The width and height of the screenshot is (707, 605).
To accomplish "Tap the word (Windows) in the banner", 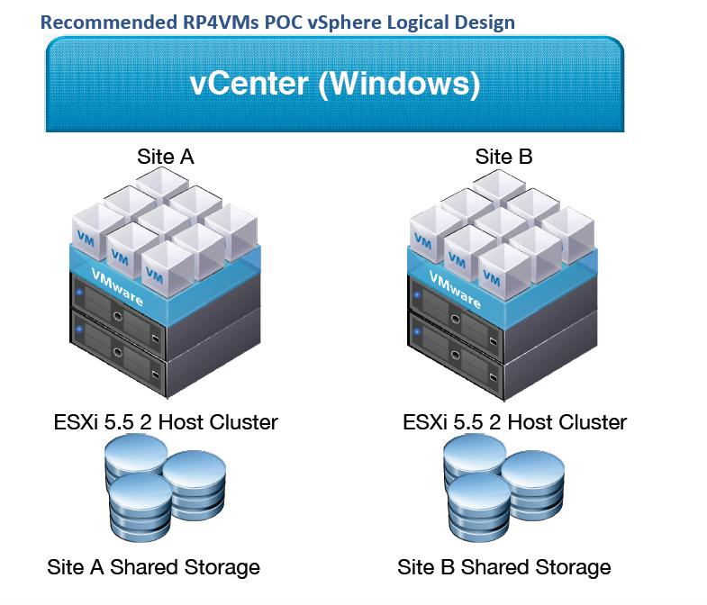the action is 400,85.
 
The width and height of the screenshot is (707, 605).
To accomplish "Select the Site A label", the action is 166,157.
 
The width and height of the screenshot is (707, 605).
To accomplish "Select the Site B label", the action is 503,157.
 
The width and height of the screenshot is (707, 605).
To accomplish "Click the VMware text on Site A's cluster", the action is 117,286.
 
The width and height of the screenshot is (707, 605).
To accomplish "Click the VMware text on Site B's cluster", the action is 455,289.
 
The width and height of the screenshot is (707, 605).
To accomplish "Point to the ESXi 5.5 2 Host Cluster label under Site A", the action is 166,422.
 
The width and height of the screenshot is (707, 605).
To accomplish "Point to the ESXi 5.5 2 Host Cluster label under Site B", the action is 514,422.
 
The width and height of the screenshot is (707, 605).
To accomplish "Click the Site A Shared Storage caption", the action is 153,567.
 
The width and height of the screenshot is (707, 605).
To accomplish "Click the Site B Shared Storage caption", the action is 504,567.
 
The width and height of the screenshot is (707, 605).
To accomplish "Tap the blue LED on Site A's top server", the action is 80,292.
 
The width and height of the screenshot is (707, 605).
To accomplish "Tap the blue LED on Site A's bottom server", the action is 80,330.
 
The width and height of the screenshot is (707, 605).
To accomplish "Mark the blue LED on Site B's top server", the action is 417,295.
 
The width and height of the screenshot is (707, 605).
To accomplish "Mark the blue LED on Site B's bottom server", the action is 417,332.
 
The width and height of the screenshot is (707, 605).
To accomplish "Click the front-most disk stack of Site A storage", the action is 140,507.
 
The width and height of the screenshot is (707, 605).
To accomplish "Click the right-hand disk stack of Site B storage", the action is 532,487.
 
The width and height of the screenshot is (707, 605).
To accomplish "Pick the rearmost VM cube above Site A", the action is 162,185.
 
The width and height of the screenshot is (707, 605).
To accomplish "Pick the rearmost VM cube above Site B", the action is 499,187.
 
